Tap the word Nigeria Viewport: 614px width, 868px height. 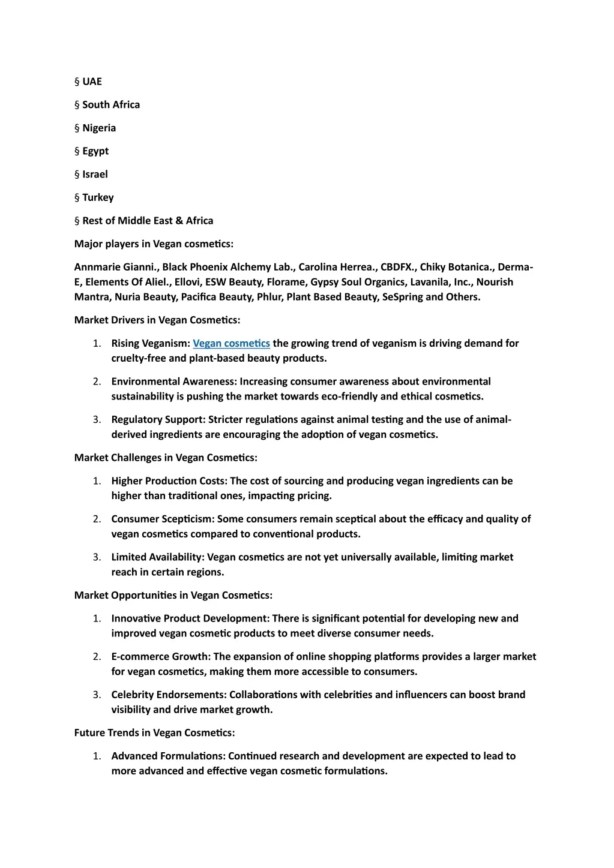point(99,128)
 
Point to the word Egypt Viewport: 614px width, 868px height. point(95,151)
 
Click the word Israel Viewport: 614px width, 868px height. point(95,175)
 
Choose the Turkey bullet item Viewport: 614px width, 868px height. point(98,197)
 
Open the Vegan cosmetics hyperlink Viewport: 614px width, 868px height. point(231,343)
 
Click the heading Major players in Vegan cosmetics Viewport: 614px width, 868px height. point(154,244)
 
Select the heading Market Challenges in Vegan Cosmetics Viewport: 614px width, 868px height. point(166,458)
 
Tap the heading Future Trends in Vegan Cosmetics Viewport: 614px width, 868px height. point(154,732)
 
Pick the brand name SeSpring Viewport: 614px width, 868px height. point(402,297)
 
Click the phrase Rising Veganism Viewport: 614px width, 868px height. point(150,343)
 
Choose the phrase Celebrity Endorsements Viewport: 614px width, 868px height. point(168,695)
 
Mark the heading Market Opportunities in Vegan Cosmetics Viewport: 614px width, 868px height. point(173,595)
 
